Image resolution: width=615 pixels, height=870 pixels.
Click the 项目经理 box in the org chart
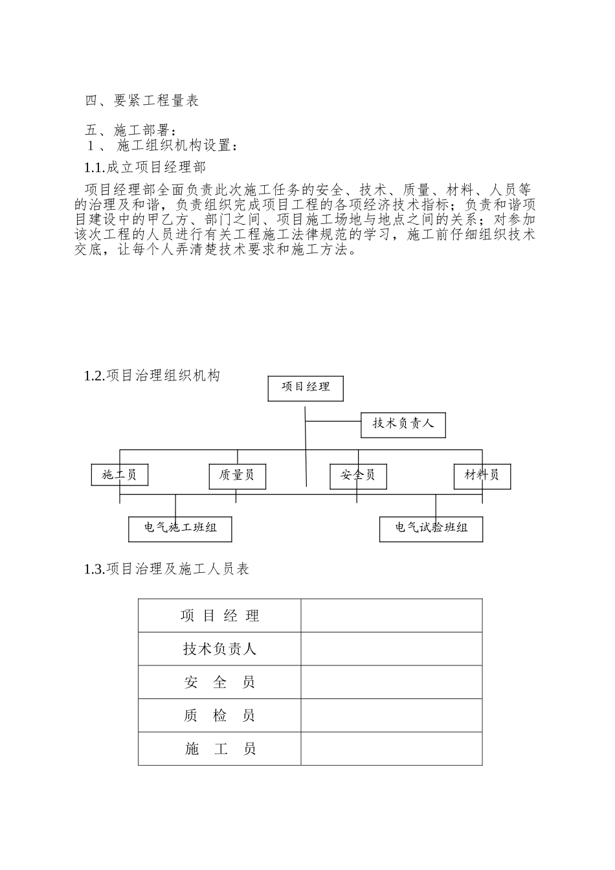coord(306,387)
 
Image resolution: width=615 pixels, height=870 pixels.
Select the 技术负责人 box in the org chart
coord(403,424)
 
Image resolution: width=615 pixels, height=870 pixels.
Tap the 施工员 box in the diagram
coord(120,475)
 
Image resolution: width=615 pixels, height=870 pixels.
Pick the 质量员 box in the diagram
coord(237,476)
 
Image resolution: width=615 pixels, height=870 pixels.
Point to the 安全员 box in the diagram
coord(358,476)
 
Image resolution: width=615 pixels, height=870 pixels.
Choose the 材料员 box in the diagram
coord(482,476)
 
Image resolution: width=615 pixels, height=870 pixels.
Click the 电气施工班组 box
coord(180,528)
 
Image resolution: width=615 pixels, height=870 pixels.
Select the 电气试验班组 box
coord(431,528)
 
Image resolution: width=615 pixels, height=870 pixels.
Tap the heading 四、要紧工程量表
coord(142,100)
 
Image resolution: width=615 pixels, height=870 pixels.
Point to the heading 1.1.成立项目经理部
coord(145,168)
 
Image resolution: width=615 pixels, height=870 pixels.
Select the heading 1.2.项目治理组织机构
coord(152,375)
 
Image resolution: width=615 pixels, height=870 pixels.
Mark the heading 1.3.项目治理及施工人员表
coord(166,569)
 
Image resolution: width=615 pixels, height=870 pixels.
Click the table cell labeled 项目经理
coord(219,616)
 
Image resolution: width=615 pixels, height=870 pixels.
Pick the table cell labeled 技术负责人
coord(219,649)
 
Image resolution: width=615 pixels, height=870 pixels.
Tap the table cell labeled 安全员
coord(219,682)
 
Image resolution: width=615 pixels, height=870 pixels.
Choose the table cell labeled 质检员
coord(219,716)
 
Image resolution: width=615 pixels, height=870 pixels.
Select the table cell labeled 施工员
coord(219,750)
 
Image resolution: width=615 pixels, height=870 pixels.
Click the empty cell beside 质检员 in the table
coord(391,716)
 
